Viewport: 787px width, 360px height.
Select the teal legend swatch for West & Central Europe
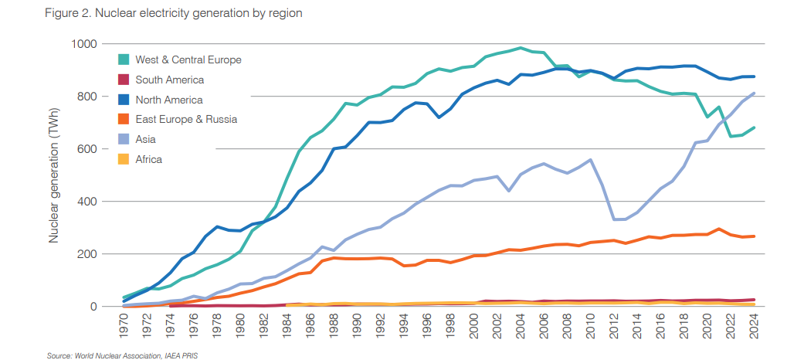pos(124,59)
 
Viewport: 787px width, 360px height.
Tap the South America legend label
pos(169,80)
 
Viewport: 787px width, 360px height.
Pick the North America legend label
pos(168,100)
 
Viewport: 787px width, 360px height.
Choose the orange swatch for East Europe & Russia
pos(124,120)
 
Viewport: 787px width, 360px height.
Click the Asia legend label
pos(145,140)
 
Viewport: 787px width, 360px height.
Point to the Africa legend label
pos(148,160)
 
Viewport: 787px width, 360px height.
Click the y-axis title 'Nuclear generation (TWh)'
pos(55,175)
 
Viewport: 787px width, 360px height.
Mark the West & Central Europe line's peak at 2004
pos(521,48)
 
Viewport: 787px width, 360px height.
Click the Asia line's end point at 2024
pos(754,93)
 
